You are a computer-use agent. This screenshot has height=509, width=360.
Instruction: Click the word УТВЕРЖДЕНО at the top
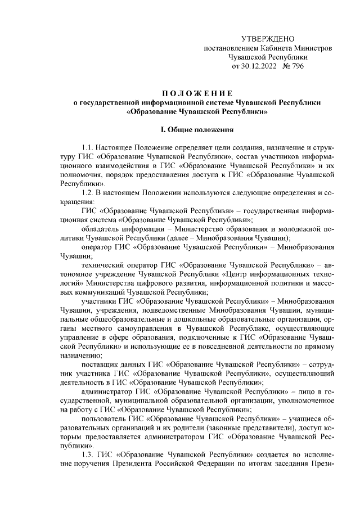pos(268,38)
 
